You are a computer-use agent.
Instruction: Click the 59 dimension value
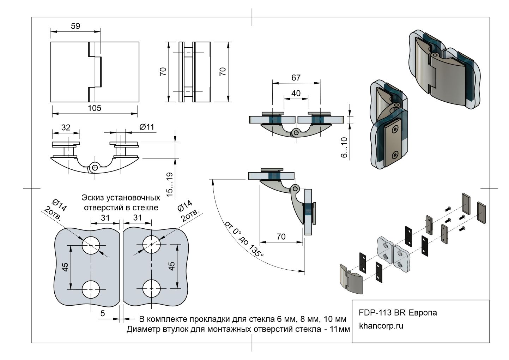coord(75,26)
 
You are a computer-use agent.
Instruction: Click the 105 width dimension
coord(94,108)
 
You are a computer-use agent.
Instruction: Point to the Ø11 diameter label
coord(147,127)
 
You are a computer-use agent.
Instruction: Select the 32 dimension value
coord(66,127)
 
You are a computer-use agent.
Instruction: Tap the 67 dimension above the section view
coord(296,77)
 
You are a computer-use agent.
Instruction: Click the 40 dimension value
coord(296,93)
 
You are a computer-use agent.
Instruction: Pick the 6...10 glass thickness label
coord(344,147)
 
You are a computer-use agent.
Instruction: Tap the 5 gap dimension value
coord(103,313)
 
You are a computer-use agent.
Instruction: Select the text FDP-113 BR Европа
coord(398,313)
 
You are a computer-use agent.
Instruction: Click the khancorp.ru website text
coord(381,326)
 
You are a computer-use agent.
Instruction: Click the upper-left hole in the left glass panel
coord(91,245)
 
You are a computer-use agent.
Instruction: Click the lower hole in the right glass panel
coord(151,289)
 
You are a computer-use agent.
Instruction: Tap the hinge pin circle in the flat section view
coord(296,133)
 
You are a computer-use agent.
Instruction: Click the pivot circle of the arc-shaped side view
coord(94,167)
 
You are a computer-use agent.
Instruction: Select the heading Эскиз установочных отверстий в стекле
coord(121,202)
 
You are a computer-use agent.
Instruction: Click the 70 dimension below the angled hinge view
coord(281,236)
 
